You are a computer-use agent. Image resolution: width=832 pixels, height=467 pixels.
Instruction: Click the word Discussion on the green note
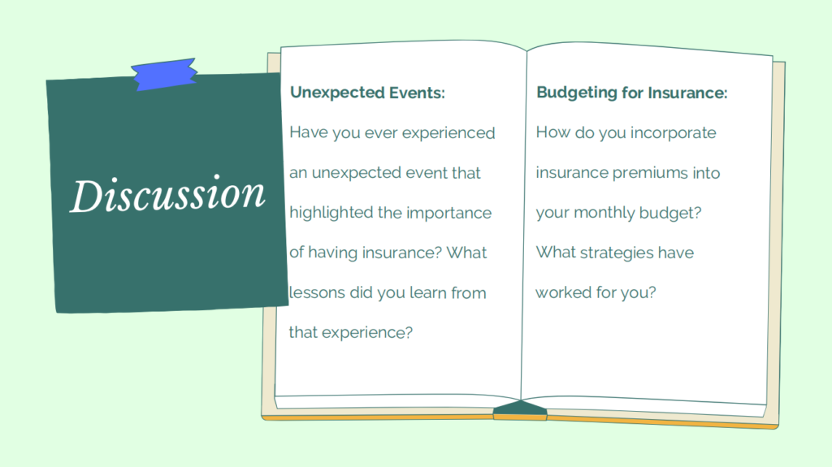pyautogui.click(x=167, y=194)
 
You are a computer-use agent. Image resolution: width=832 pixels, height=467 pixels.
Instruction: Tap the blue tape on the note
pyautogui.click(x=164, y=75)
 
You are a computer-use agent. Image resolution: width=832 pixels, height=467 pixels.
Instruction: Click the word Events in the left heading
pyautogui.click(x=417, y=93)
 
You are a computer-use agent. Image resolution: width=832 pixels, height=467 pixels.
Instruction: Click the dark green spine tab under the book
pyautogui.click(x=520, y=409)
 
